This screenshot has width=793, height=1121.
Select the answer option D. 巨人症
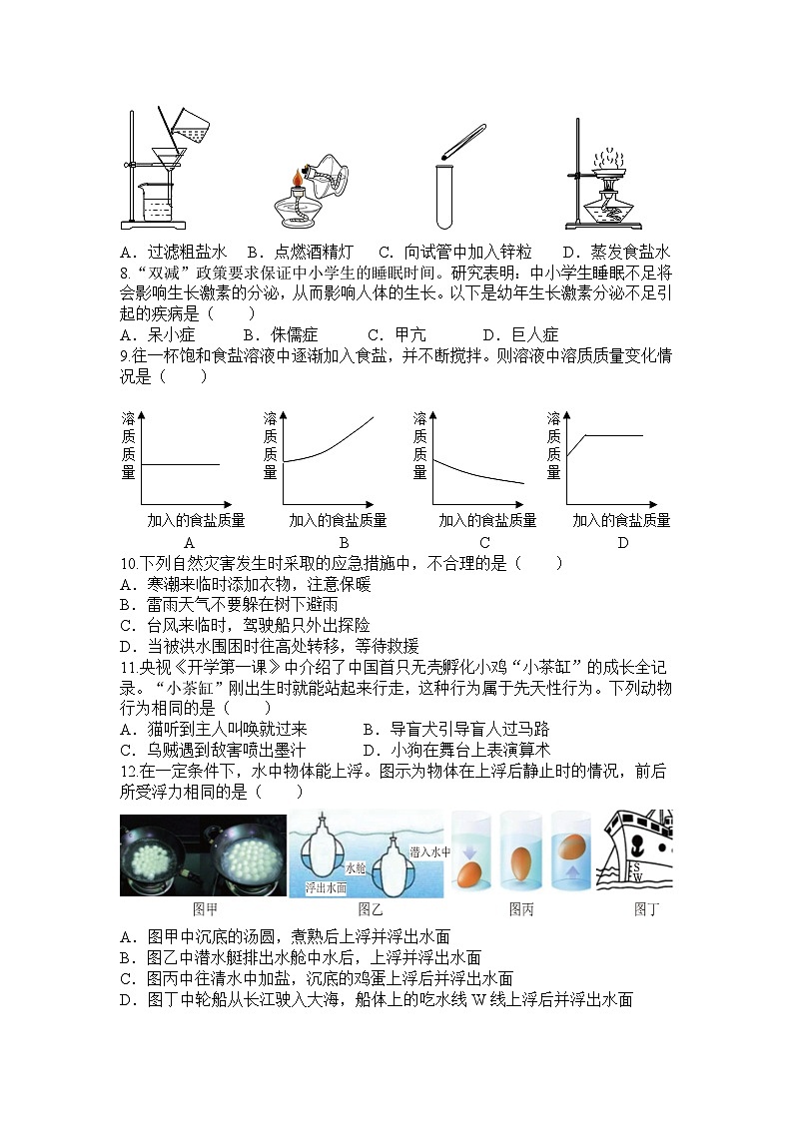coord(520,334)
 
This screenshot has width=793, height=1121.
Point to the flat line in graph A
coord(180,464)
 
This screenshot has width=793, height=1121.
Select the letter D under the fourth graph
coord(622,543)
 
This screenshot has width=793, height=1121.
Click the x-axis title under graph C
coord(486,520)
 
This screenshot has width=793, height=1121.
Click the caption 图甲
coord(205,908)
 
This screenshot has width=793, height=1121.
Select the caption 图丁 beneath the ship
coord(647,908)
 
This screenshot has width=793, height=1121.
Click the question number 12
coord(126,771)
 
